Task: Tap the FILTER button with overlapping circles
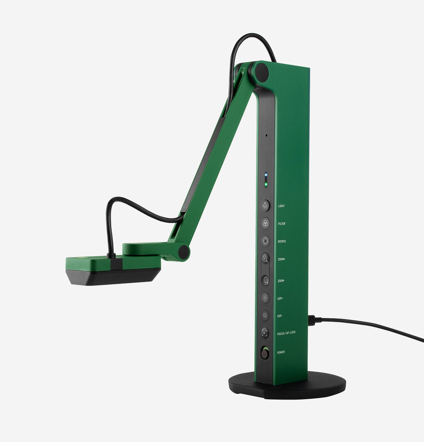click(x=265, y=223)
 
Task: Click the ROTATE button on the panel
click(x=265, y=241)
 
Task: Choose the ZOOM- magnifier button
click(x=265, y=280)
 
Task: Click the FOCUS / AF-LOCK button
click(x=265, y=332)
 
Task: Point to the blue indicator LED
click(x=266, y=174)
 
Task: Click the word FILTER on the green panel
click(x=282, y=224)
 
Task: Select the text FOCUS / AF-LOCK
click(x=286, y=333)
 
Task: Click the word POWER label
click(x=281, y=353)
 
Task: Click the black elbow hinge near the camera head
click(x=183, y=252)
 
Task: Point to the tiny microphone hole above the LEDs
click(x=266, y=135)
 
